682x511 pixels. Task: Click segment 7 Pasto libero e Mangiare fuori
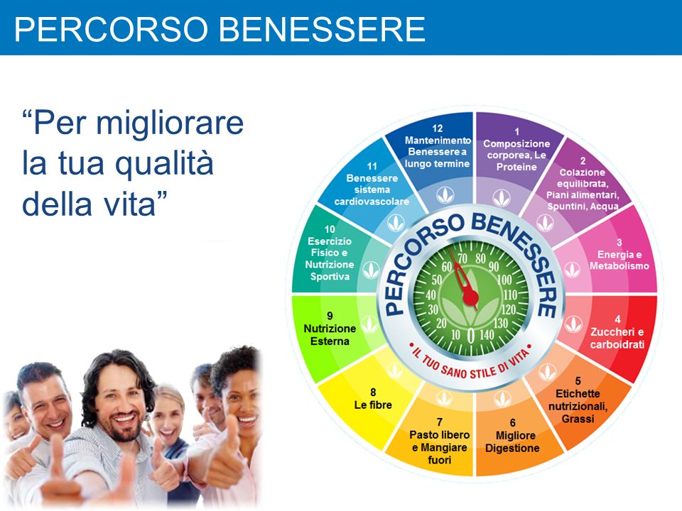pyautogui.click(x=438, y=440)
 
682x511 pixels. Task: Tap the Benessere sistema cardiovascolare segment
pyautogui.click(x=372, y=185)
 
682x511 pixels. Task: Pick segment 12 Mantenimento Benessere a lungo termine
pyautogui.click(x=437, y=146)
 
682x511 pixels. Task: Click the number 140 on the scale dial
pyautogui.click(x=487, y=334)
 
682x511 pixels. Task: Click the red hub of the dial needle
pyautogui.click(x=470, y=297)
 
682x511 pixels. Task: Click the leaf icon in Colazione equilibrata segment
pyautogui.click(x=544, y=222)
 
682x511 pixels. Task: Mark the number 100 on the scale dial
pyautogui.click(x=504, y=280)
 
